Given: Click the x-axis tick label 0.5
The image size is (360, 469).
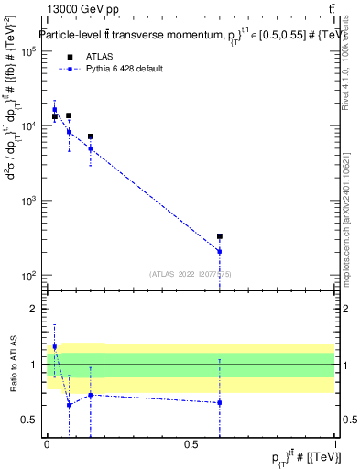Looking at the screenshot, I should (x=191, y=444).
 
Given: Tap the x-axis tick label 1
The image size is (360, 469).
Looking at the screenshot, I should (x=334, y=444).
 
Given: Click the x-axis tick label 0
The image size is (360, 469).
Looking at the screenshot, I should (x=47, y=444).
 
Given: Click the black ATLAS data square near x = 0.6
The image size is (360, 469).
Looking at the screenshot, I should (x=220, y=236).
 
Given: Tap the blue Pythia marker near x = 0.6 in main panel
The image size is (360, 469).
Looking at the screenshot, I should (x=220, y=251).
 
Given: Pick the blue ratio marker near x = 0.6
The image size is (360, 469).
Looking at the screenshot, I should (x=220, y=402).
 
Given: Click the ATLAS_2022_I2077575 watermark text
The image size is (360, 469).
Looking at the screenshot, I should (x=191, y=273).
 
